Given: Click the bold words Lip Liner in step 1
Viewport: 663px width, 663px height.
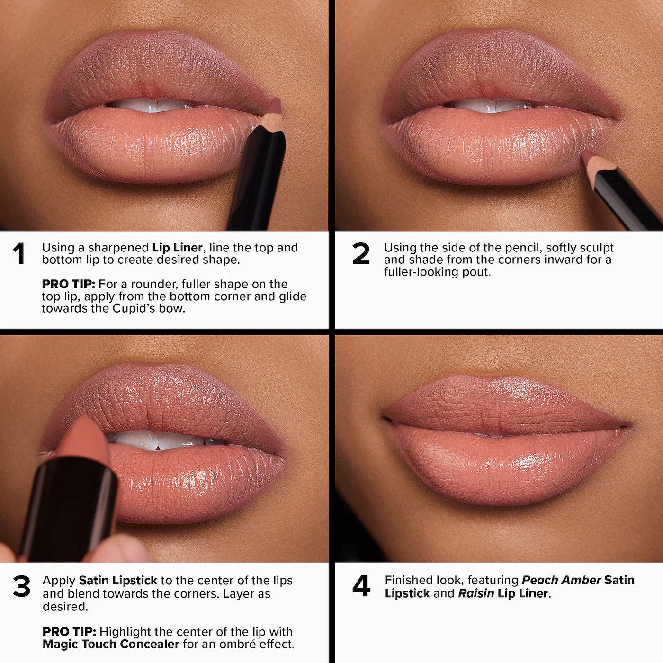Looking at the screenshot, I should point(177,248).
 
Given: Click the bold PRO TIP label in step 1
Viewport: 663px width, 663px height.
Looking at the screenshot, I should point(68,284).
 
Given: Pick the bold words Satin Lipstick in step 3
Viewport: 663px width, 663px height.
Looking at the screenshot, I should point(118,581).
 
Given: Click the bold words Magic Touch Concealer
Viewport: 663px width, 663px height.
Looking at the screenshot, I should point(111,644).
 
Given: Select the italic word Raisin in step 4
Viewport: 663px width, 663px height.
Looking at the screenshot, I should point(476,593).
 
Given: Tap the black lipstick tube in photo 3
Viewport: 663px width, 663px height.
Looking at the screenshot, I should point(71,507).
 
